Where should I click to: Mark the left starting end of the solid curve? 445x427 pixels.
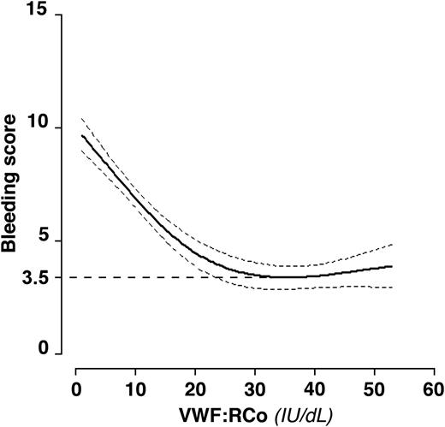click(82, 135)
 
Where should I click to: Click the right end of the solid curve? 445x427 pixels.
click(391, 266)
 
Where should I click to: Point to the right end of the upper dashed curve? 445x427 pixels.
click(391, 245)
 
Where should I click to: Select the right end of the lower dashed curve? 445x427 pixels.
click(391, 288)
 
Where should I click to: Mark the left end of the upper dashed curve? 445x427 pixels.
click(82, 119)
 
